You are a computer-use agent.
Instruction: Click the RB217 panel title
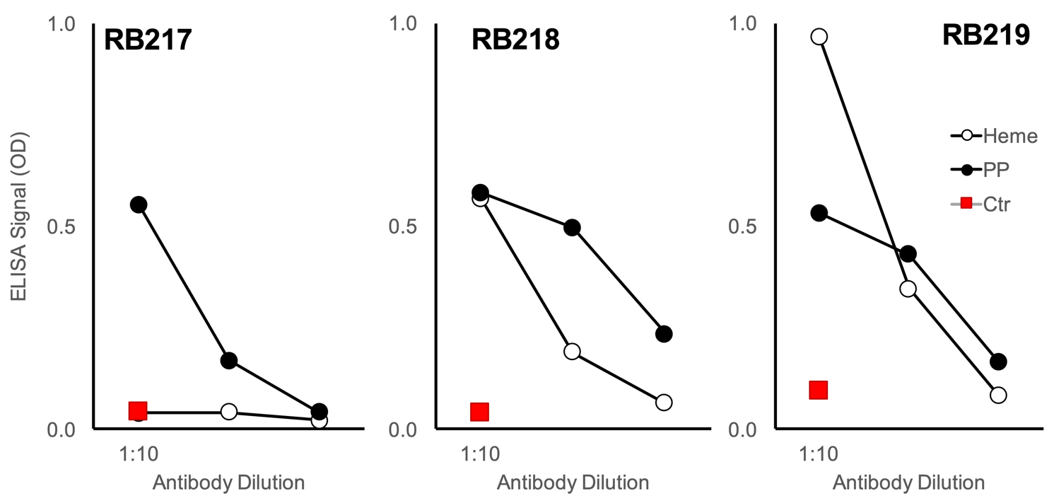click(148, 40)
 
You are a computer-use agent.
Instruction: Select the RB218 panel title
click(515, 40)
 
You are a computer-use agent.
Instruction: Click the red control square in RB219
click(819, 390)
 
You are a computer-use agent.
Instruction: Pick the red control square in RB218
click(479, 412)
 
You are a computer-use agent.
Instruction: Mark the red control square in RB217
click(138, 411)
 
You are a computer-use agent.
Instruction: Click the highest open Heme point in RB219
click(819, 37)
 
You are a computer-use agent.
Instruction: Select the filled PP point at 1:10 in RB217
click(139, 204)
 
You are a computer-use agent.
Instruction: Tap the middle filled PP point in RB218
click(572, 228)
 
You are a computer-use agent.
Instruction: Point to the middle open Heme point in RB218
click(572, 351)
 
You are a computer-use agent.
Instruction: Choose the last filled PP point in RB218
click(663, 334)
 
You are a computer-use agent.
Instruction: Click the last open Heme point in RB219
click(998, 395)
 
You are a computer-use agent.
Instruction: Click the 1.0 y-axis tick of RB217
click(60, 24)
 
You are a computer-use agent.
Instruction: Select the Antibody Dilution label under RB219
click(908, 483)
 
